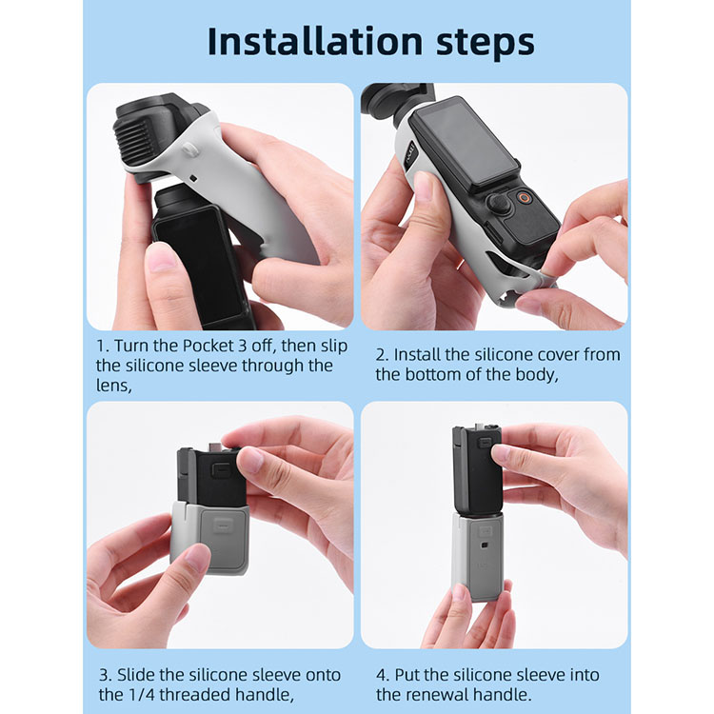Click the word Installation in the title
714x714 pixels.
pos(315,41)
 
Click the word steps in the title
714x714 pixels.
pos(486,43)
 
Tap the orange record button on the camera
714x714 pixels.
pos(525,198)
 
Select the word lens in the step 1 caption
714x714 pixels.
pos(113,386)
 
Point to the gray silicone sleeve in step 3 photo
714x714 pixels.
pos(209,537)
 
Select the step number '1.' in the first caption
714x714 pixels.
pos(103,346)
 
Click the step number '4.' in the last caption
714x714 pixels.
pos(383,675)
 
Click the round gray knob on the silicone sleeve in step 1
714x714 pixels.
pos(189,149)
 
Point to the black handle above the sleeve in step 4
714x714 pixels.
pos(477,469)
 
